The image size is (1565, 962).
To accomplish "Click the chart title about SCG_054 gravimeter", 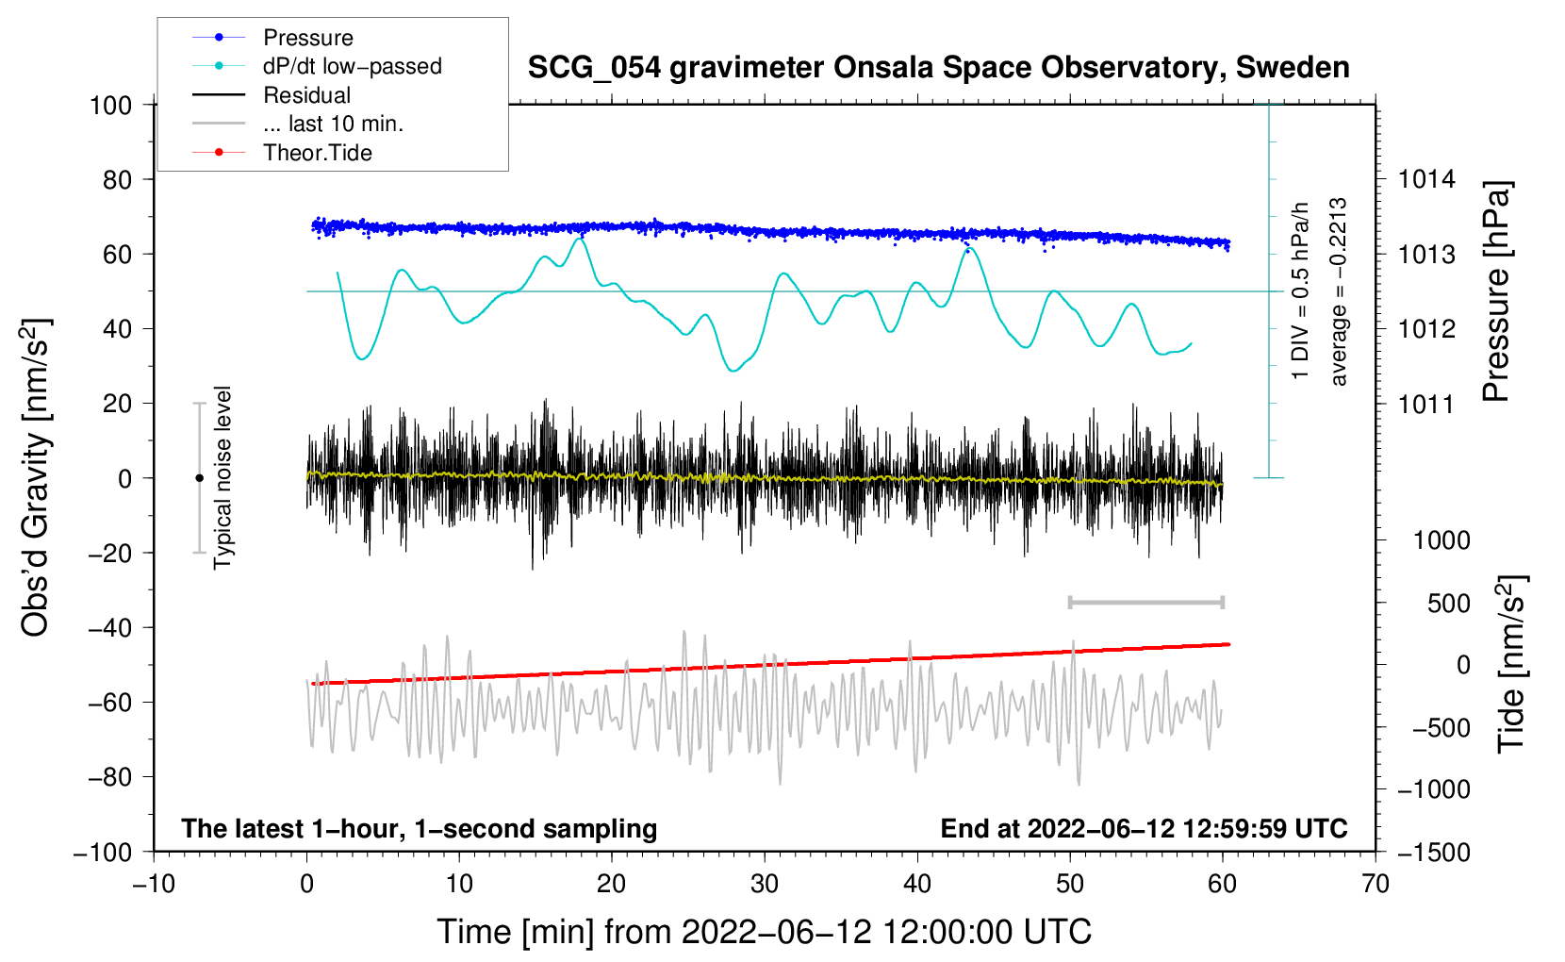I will [x=938, y=68].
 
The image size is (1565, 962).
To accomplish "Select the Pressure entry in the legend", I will [x=308, y=38].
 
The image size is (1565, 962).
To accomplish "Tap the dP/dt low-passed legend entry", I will [x=352, y=66].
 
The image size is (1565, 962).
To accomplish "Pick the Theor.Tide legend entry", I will [x=318, y=153].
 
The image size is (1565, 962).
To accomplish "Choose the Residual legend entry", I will [x=306, y=95].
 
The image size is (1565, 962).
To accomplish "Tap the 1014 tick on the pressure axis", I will [x=1426, y=179].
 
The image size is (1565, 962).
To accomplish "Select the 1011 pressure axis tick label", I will [x=1426, y=404].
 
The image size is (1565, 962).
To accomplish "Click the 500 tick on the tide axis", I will [x=1448, y=603].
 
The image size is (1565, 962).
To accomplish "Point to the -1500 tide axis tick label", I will [x=1434, y=852].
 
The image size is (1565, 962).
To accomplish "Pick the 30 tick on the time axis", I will [x=765, y=884].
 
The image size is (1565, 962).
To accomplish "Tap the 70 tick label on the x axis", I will [x=1376, y=884].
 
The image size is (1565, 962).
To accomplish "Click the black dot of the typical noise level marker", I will [x=199, y=478].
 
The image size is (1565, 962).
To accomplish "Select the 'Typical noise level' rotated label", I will [x=222, y=477].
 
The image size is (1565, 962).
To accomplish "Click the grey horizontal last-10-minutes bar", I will [x=1145, y=602].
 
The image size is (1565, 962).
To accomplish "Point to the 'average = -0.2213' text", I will [x=1339, y=291].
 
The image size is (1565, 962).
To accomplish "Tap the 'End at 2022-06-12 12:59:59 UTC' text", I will [x=1144, y=828].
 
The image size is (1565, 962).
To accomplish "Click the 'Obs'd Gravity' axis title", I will [x=36, y=477].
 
